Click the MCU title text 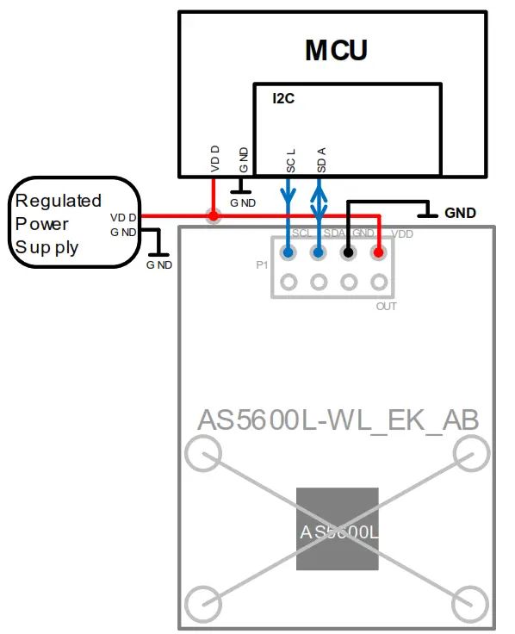click(x=336, y=50)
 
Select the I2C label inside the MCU click(x=283, y=99)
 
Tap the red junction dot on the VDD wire click(x=213, y=216)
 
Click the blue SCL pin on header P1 click(x=289, y=252)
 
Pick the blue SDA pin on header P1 click(x=319, y=252)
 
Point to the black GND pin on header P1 click(x=348, y=252)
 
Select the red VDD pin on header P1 click(x=378, y=252)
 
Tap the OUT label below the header click(x=386, y=306)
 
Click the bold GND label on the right click(x=460, y=212)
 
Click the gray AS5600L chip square click(x=338, y=528)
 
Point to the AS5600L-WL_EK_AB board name click(x=338, y=420)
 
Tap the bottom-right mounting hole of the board click(x=471, y=602)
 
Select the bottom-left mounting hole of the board click(x=204, y=602)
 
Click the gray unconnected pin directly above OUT click(x=378, y=282)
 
